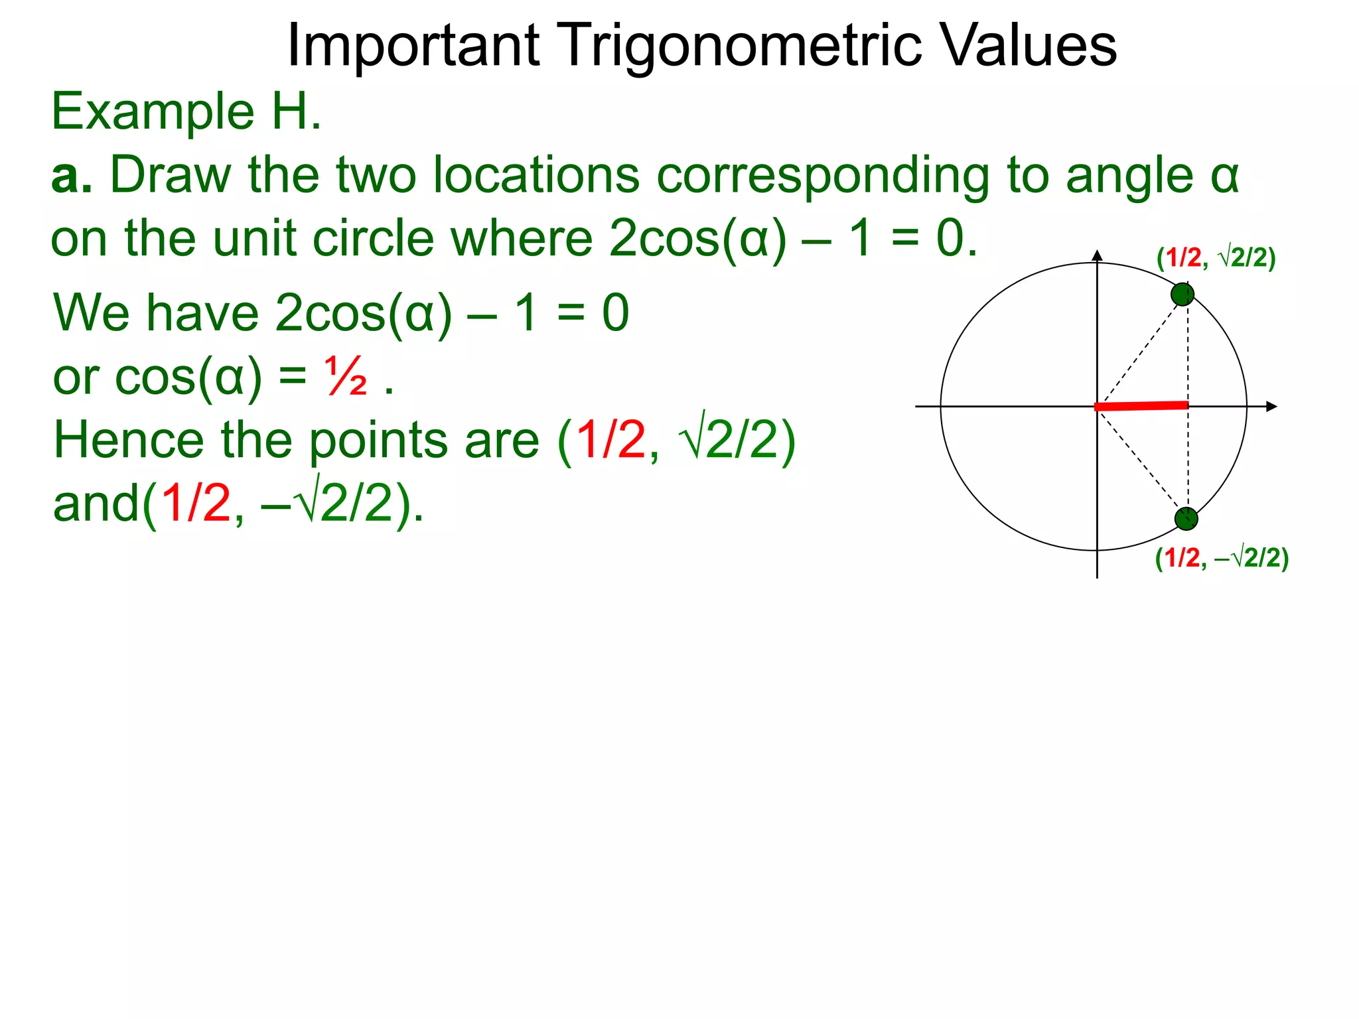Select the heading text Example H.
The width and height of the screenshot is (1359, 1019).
(x=186, y=111)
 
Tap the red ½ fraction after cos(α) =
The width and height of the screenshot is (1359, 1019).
(x=346, y=377)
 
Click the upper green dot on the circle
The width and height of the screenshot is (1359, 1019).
(x=1182, y=294)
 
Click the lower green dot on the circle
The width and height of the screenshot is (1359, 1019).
(x=1186, y=519)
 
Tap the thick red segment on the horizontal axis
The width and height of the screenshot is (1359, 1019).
(x=1141, y=405)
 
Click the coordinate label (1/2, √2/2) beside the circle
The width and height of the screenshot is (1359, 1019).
(x=1216, y=257)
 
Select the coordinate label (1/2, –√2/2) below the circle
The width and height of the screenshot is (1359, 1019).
(x=1222, y=558)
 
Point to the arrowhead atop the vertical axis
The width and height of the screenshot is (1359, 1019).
(x=1097, y=255)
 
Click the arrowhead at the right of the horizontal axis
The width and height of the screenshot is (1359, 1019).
(x=1271, y=406)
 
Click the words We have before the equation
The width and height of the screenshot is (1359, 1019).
(x=156, y=313)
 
